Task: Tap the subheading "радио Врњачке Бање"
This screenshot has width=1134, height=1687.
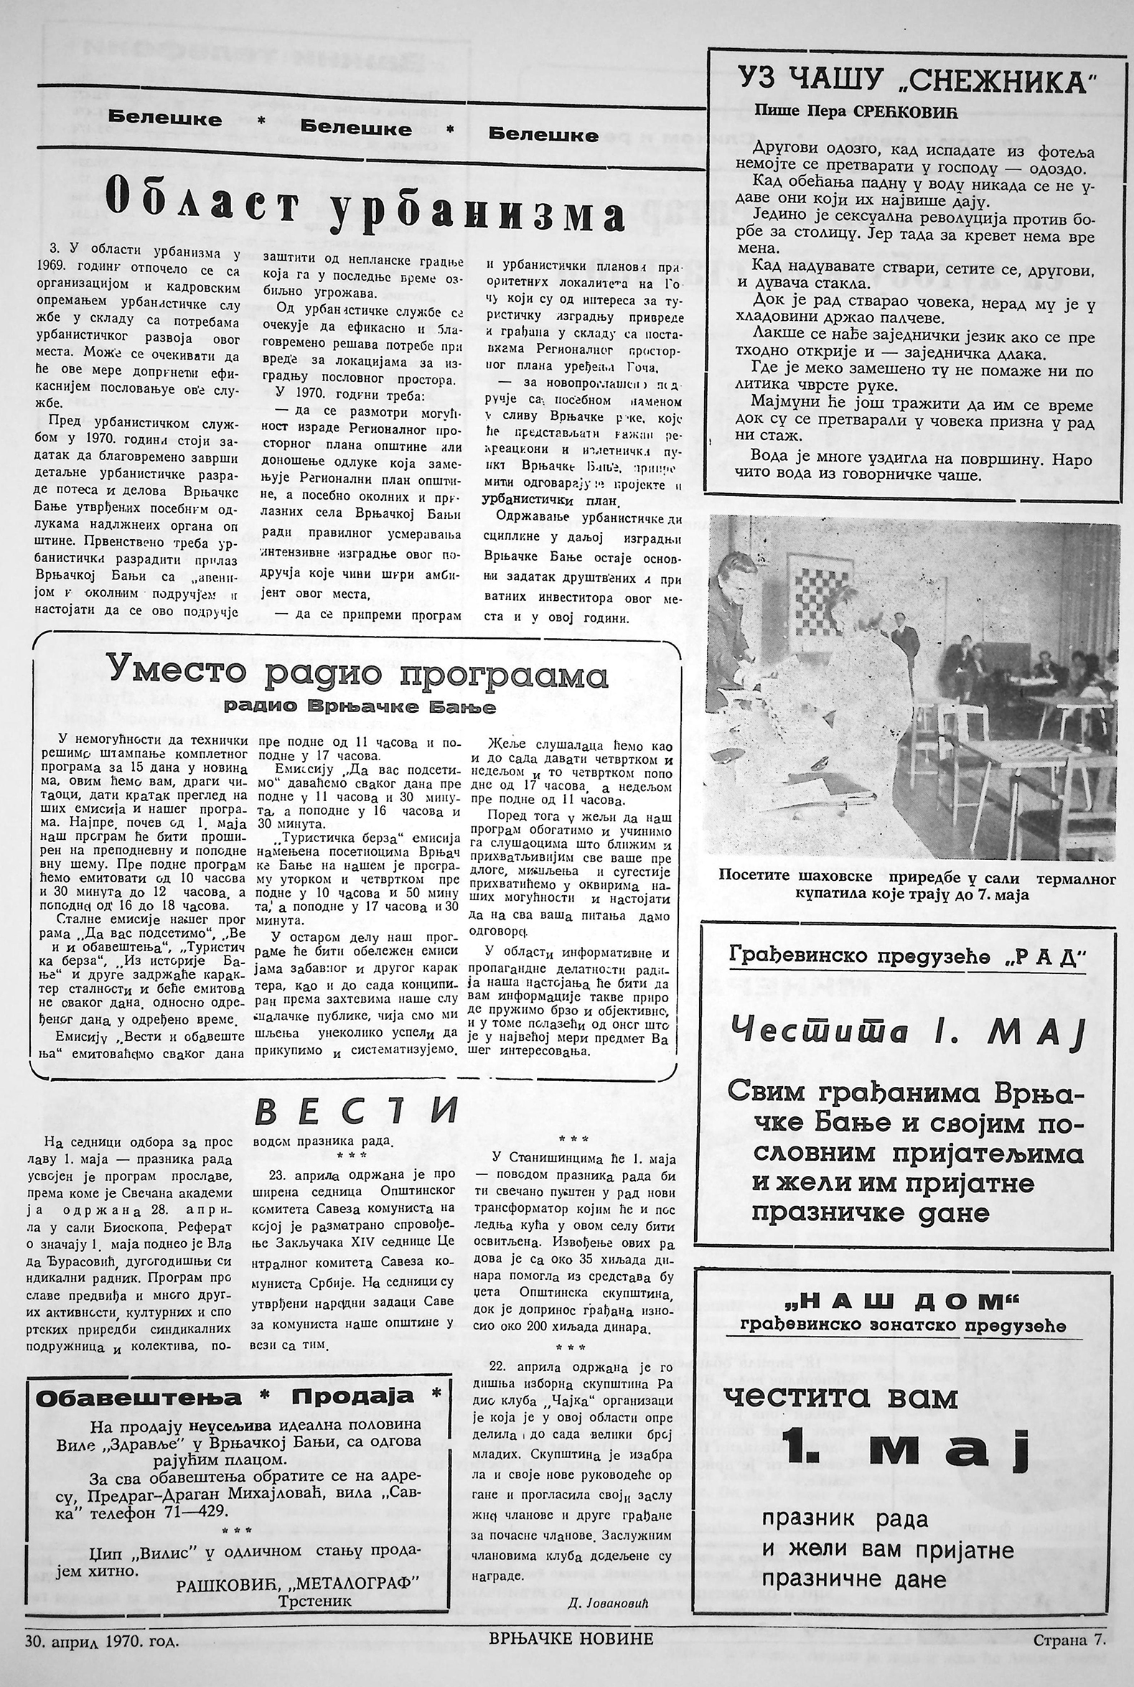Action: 360,707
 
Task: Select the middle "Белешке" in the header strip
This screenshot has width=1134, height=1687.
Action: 356,128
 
